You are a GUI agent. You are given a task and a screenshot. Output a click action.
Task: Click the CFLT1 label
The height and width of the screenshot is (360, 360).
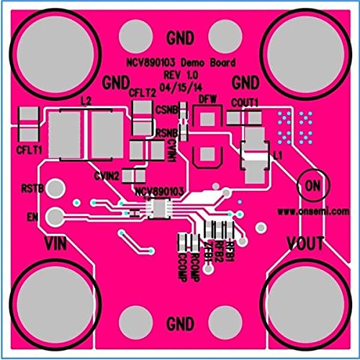[30, 149]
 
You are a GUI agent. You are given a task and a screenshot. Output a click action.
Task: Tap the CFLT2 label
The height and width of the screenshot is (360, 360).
[142, 91]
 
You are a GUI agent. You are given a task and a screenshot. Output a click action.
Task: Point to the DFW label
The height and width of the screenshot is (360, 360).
[208, 99]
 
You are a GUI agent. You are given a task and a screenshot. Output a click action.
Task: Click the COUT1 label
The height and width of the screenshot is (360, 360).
[246, 102]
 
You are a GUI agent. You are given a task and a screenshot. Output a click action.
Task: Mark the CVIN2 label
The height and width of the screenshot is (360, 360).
[107, 173]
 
